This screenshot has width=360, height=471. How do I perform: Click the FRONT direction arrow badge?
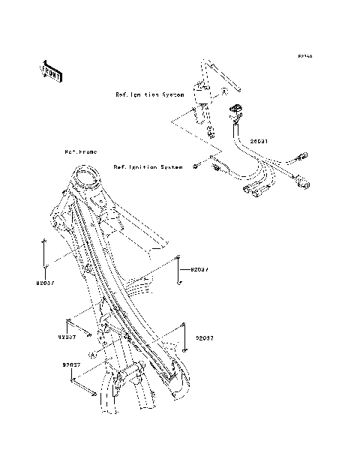coord(50,70)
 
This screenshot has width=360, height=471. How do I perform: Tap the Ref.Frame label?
coord(80,151)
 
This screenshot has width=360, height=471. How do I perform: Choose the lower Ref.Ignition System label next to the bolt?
coord(148,166)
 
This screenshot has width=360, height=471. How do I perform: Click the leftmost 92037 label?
coord(46,283)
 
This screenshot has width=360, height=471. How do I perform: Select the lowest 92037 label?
coord(72,364)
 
